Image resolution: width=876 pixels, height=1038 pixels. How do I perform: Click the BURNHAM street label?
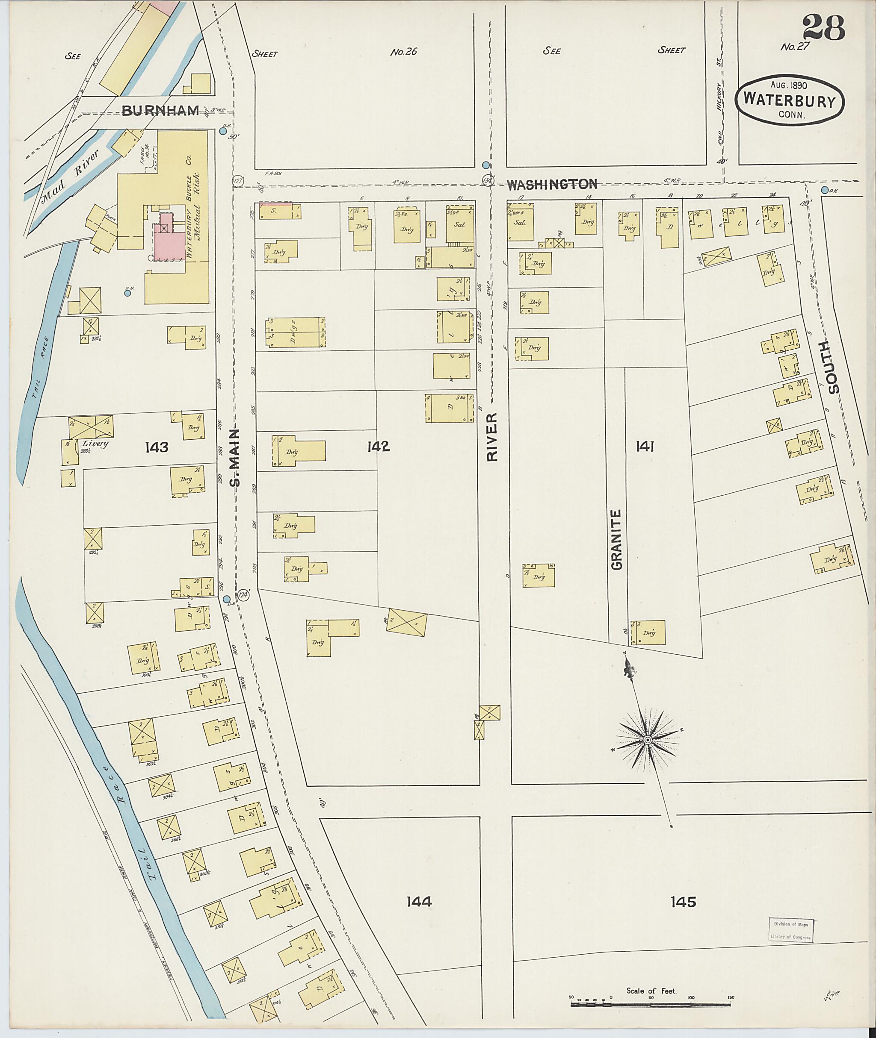[160, 111]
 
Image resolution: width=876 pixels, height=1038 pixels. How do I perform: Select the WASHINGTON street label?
[551, 184]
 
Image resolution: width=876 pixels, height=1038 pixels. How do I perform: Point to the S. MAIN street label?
[235, 456]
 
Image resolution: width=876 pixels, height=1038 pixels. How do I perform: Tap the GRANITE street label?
[616, 540]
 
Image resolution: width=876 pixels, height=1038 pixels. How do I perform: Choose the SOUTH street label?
[833, 367]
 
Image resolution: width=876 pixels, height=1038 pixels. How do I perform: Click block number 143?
[157, 447]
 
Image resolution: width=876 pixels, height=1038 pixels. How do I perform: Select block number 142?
[379, 447]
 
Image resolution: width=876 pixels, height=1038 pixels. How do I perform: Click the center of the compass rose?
[648, 740]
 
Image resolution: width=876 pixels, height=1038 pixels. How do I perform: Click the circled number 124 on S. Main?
[243, 594]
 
